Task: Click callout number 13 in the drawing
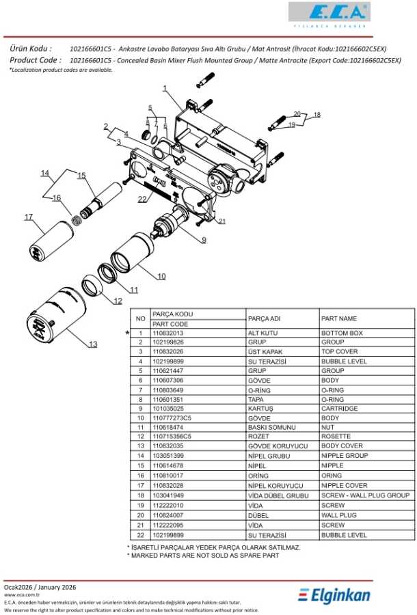(x=94, y=344)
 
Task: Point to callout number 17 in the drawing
(x=29, y=217)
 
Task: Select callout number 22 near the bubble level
(x=142, y=200)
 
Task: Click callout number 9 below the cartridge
(x=203, y=239)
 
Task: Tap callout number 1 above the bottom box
(x=165, y=88)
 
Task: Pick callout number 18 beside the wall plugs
(x=317, y=115)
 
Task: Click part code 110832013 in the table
(x=167, y=333)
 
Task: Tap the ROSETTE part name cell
(x=336, y=436)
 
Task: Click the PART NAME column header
(x=339, y=318)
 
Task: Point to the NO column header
(x=140, y=318)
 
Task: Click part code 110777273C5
(x=172, y=418)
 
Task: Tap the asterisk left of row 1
(x=128, y=333)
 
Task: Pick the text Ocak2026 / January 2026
(x=40, y=587)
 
